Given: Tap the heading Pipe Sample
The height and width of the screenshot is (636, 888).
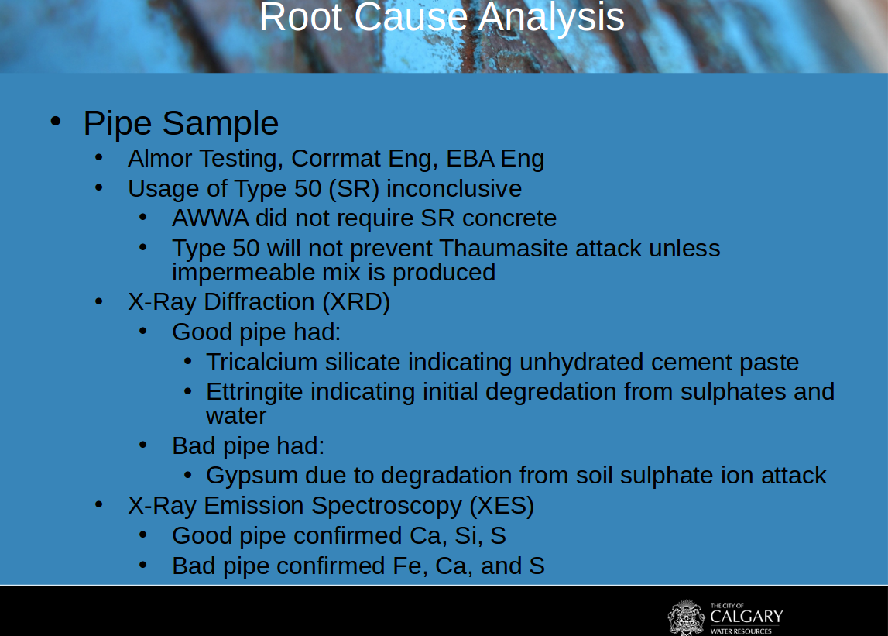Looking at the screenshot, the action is click(x=180, y=124).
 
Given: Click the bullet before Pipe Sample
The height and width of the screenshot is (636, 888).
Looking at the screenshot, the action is click(x=56, y=121).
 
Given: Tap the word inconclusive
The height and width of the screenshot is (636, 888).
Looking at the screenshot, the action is click(x=454, y=189).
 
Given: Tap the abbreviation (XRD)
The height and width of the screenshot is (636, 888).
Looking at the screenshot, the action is click(x=356, y=302).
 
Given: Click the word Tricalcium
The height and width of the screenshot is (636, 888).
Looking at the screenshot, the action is click(x=262, y=363).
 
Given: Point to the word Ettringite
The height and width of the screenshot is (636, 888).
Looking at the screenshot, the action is click(x=254, y=392).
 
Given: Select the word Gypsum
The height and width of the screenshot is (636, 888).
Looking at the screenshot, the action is click(x=252, y=476).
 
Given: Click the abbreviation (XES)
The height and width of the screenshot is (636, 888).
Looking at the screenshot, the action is click(x=502, y=506).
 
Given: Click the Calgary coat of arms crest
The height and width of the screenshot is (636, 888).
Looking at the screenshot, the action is click(x=687, y=617).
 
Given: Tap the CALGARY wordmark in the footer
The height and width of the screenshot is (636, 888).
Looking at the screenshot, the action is click(x=746, y=616).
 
